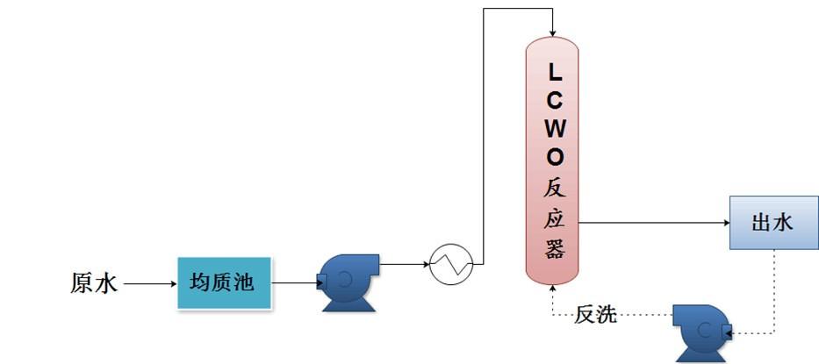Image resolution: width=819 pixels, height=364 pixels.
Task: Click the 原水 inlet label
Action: (93, 283)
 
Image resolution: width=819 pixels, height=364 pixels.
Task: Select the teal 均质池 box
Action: (224, 282)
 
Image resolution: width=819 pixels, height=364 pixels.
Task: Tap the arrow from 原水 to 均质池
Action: (149, 283)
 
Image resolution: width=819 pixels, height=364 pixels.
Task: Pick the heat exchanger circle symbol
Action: (451, 262)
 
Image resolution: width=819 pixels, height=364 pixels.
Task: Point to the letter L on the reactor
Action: (553, 69)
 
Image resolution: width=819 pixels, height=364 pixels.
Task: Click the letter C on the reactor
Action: (553, 99)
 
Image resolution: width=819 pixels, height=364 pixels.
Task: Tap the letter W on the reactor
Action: (553, 128)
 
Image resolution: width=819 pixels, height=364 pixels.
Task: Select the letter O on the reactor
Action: (553, 157)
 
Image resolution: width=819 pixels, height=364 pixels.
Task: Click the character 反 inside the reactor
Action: (553, 188)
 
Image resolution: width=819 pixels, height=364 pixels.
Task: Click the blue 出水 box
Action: (772, 223)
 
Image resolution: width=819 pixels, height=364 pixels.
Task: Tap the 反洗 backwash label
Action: (596, 314)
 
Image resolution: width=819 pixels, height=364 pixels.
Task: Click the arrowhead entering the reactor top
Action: (553, 32)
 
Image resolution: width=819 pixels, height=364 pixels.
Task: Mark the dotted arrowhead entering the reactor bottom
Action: (553, 289)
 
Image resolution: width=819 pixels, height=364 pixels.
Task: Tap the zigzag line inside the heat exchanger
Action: (451, 262)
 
